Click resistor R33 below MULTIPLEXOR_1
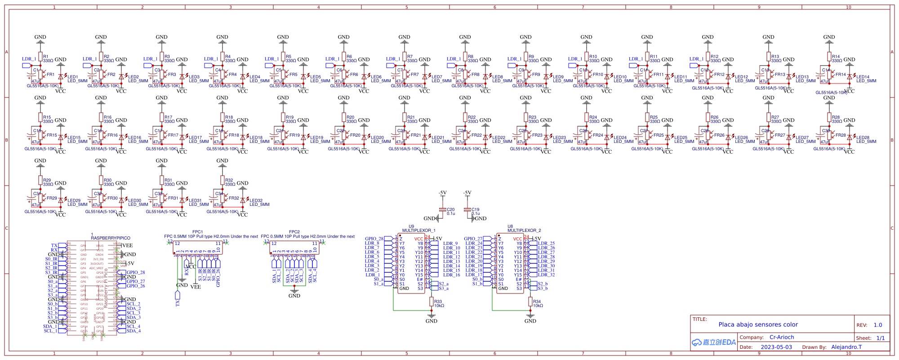pyautogui.click(x=432, y=301)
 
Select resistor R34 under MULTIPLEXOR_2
pyautogui.click(x=530, y=301)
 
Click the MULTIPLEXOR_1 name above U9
pyautogui.click(x=418, y=231)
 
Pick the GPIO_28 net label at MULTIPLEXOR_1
pyautogui.click(x=374, y=239)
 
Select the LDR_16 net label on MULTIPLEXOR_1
pyautogui.click(x=451, y=275)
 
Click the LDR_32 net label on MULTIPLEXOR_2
pyautogui.click(x=546, y=275)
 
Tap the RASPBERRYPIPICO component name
pyautogui.click(x=111, y=238)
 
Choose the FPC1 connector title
pyautogui.click(x=197, y=232)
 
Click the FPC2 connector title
pyautogui.click(x=294, y=232)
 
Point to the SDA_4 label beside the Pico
pyautogui.click(x=134, y=331)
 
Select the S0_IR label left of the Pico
pyautogui.click(x=51, y=259)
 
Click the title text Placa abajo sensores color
pyautogui.click(x=758, y=324)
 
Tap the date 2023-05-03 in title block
pyautogui.click(x=776, y=347)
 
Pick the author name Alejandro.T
pyautogui.click(x=846, y=347)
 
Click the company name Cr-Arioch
pyautogui.click(x=782, y=337)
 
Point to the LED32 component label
pyautogui.click(x=256, y=201)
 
